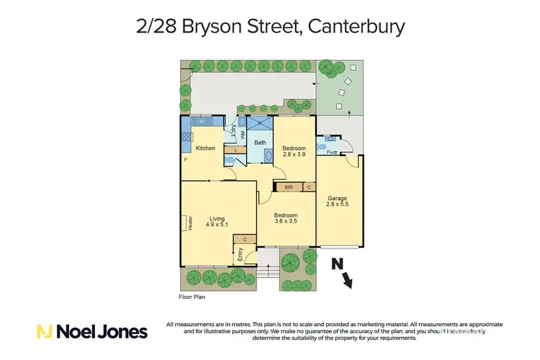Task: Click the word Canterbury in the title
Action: click(x=356, y=27)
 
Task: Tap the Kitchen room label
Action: click(x=206, y=148)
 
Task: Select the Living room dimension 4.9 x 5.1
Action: click(x=217, y=225)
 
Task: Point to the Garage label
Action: click(x=338, y=198)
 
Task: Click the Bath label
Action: click(x=260, y=143)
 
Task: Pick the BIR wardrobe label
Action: click(x=288, y=187)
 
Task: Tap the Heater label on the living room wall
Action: click(x=190, y=223)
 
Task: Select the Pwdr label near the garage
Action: click(x=332, y=153)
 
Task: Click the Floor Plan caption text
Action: click(x=194, y=296)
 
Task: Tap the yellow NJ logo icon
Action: click(x=44, y=331)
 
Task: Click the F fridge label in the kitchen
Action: click(x=185, y=158)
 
